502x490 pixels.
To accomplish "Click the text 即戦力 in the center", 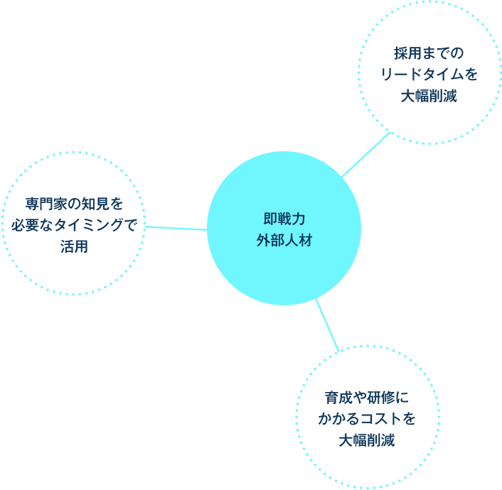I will (x=284, y=219).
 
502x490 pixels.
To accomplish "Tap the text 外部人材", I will (x=284, y=240).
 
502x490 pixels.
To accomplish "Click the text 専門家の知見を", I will (x=74, y=204).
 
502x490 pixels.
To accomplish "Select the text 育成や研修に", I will (x=367, y=397).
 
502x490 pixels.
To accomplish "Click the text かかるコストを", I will (x=367, y=418).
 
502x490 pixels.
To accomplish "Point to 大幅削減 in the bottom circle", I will (x=367, y=440).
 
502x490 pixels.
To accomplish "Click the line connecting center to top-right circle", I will (x=365, y=155).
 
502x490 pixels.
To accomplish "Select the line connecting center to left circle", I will (x=176, y=227).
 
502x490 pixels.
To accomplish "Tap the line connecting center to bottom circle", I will (x=326, y=324).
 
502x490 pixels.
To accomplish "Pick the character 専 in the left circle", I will (x=32, y=204).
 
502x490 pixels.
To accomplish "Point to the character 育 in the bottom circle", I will (x=332, y=397).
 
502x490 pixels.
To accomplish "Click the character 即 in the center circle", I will (x=269, y=219).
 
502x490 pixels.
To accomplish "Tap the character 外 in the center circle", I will (x=262, y=240).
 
